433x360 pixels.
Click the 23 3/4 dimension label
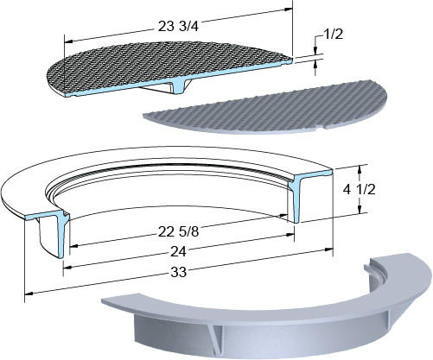pyautogui.click(x=178, y=27)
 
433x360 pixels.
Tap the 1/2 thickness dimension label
pyautogui.click(x=334, y=35)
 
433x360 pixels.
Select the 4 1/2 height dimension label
pyautogui.click(x=360, y=190)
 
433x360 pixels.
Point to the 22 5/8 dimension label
pyautogui.click(x=178, y=231)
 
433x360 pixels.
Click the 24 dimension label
pyautogui.click(x=178, y=251)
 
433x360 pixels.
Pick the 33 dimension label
pyautogui.click(x=178, y=272)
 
